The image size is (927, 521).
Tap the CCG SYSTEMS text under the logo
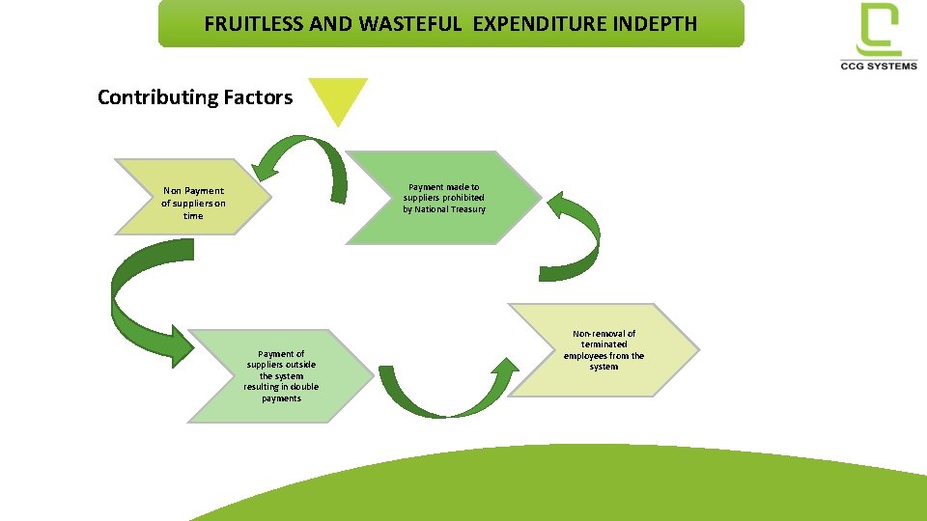pos(879,66)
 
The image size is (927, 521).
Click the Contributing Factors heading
pos(195,97)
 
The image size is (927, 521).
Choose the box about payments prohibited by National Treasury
pos(444,198)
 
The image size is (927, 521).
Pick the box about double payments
pos(280,376)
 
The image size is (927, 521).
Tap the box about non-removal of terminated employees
pos(604,350)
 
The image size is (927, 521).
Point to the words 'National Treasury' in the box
pos(450,209)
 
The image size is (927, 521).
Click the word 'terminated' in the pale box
pos(604,344)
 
